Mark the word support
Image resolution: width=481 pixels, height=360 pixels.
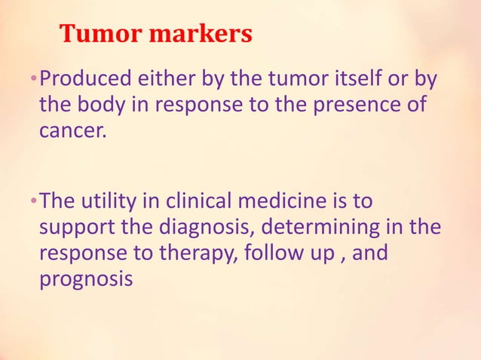click(x=78, y=228)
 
